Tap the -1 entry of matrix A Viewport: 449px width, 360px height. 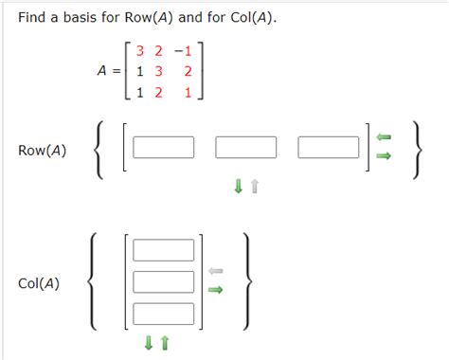(x=184, y=49)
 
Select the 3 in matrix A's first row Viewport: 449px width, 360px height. (x=140, y=49)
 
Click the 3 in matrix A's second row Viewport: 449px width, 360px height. (x=158, y=71)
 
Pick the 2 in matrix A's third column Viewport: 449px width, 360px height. (x=189, y=71)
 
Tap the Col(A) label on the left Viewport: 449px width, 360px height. (x=39, y=283)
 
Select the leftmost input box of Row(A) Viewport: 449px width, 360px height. (x=164, y=148)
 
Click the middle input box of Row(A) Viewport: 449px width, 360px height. (x=246, y=148)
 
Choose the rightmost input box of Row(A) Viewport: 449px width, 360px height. (x=328, y=148)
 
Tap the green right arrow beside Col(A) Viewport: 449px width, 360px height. (x=215, y=291)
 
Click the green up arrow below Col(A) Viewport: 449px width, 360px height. (x=164, y=343)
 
